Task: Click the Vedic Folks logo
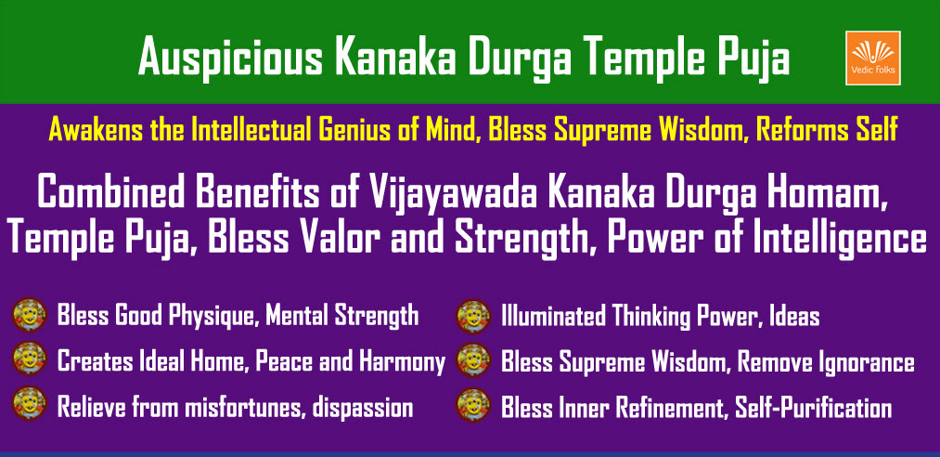tap(872, 58)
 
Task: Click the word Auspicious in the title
tap(231, 57)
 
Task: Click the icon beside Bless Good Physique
tap(30, 315)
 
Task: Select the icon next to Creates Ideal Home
tap(30, 359)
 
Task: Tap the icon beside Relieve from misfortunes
tap(30, 404)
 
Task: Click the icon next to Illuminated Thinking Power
tap(473, 315)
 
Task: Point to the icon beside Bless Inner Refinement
tap(473, 404)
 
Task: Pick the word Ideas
tap(792, 316)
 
